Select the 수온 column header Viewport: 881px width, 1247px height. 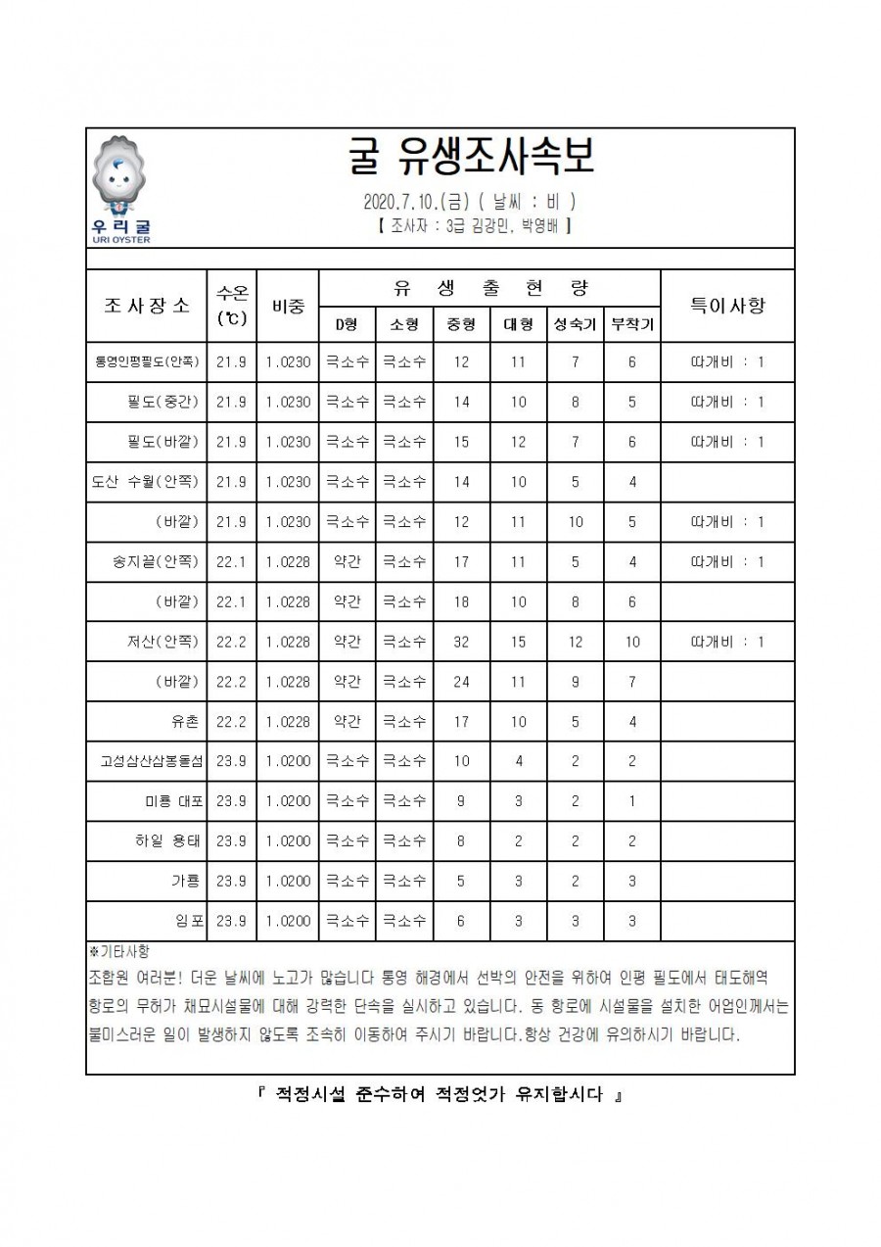(232, 305)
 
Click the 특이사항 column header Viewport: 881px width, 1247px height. (727, 305)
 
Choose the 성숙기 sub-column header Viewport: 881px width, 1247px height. (575, 324)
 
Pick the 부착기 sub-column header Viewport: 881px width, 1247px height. (632, 324)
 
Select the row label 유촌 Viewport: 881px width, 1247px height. (186, 722)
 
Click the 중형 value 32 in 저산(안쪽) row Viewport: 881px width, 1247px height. (461, 642)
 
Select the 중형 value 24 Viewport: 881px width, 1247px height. (461, 682)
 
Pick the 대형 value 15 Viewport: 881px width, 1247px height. (518, 642)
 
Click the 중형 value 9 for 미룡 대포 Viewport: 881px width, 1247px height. (461, 801)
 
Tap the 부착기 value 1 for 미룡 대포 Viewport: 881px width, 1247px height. (632, 801)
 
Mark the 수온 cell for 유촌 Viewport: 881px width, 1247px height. (232, 722)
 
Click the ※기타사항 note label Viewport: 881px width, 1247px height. (118, 951)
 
